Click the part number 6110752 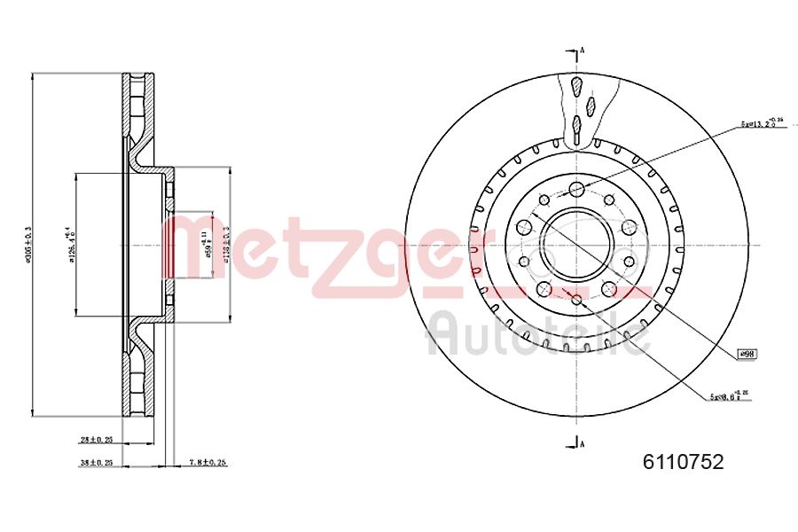tap(683, 462)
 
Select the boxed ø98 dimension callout tap(747, 354)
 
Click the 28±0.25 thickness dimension tap(96, 439)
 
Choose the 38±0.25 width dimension tap(96, 462)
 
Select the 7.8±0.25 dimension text tap(209, 462)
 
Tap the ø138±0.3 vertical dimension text tap(227, 245)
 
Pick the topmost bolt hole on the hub tap(576, 188)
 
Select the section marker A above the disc tap(582, 51)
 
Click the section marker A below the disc tap(582, 442)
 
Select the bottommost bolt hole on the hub tap(576, 300)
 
